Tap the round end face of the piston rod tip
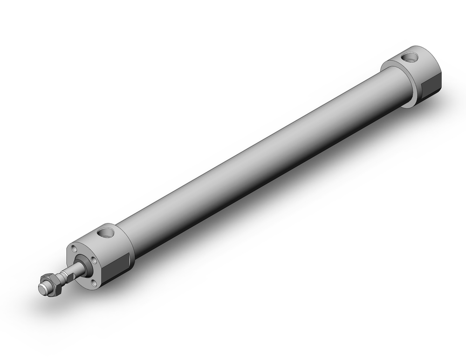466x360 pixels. (x=42, y=289)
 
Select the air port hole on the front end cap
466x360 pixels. (x=105, y=232)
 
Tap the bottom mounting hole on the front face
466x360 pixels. (x=94, y=282)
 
